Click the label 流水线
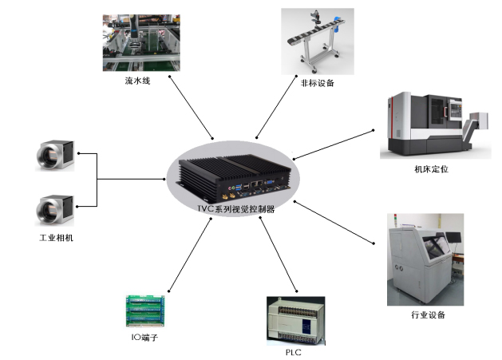tap(136, 81)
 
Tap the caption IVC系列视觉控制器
tap(235, 209)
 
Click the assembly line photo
tap(137, 39)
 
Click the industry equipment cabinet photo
tap(425, 259)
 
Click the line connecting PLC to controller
tap(272, 256)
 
